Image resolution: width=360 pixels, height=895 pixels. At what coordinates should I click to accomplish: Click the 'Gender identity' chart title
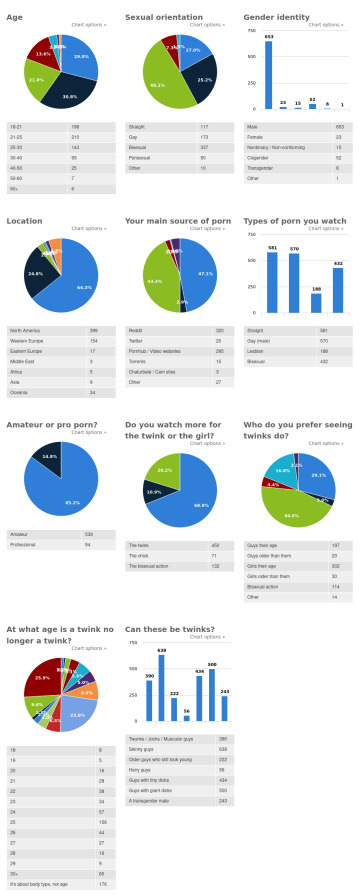(x=275, y=17)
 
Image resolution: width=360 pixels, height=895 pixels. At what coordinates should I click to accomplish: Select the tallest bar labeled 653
(x=268, y=75)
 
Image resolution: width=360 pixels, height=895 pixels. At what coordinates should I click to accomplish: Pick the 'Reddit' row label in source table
(x=137, y=330)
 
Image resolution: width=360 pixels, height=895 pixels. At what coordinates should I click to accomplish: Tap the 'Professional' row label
(x=25, y=545)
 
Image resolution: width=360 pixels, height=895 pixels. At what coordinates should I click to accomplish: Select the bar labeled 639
(x=162, y=688)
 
